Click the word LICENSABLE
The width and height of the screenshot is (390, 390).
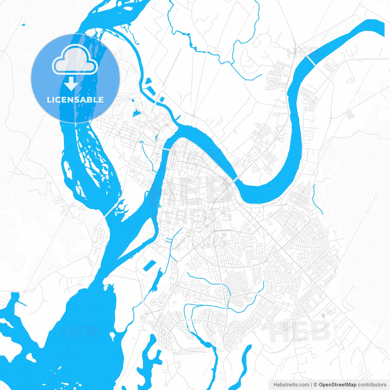(x=75, y=100)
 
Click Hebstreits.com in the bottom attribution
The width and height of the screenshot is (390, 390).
(x=291, y=385)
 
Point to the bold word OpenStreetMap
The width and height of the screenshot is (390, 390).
(x=338, y=385)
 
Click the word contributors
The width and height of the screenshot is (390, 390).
(x=372, y=385)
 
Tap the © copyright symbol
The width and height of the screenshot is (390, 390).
(x=316, y=385)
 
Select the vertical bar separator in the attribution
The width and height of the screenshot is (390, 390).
(x=311, y=385)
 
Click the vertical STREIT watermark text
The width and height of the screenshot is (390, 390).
(x=336, y=329)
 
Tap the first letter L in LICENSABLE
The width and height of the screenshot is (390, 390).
(x=49, y=100)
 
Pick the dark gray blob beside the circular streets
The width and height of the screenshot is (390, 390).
(x=329, y=311)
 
